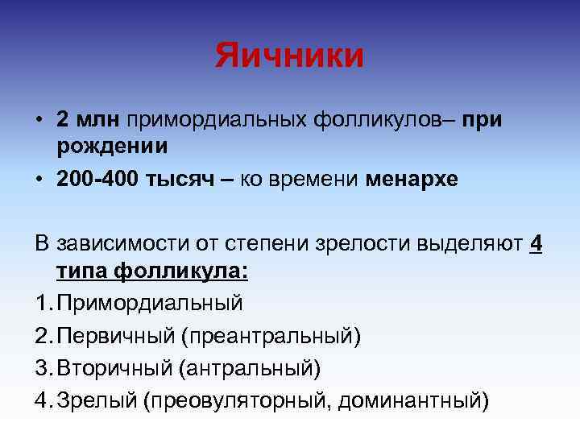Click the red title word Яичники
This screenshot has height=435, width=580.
[x=289, y=56]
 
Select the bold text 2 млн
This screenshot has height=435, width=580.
[x=88, y=119]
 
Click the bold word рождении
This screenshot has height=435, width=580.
[x=112, y=146]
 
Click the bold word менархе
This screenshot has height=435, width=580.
[x=412, y=179]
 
